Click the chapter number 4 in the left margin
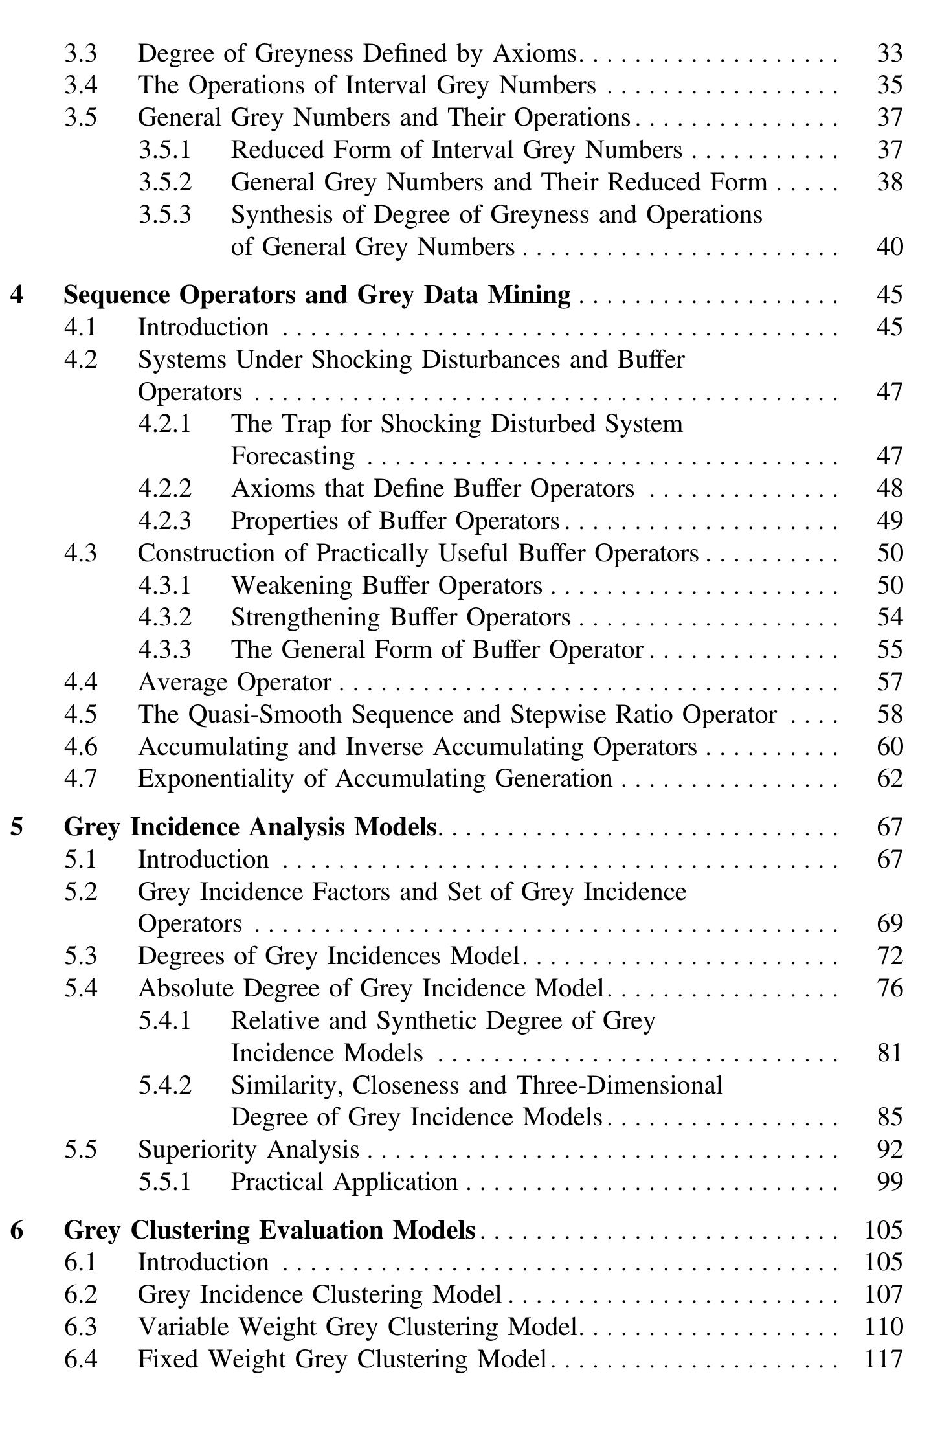(17, 295)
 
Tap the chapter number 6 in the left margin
(17, 1230)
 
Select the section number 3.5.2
(165, 182)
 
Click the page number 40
(889, 247)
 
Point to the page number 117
(884, 1358)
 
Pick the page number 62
(889, 778)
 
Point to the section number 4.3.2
(165, 617)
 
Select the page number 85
(889, 1117)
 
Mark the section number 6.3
(80, 1327)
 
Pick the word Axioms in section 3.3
(535, 53)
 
